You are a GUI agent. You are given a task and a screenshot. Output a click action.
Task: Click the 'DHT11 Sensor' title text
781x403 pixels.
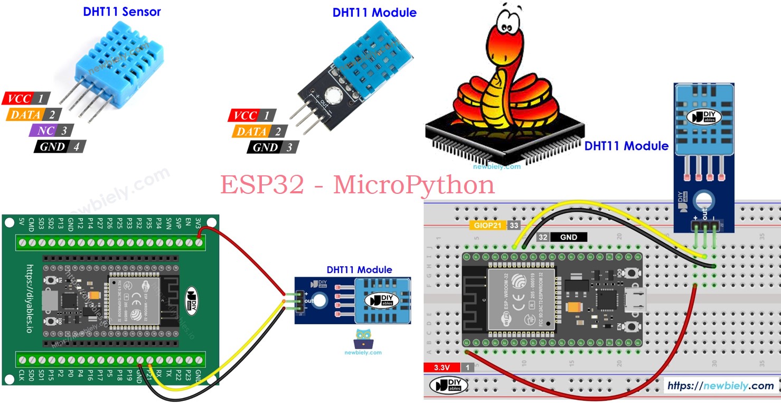click(x=121, y=12)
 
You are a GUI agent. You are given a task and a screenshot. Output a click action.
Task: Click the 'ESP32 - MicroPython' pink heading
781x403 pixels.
click(x=357, y=185)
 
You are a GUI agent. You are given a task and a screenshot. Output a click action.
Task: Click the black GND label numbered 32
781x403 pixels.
click(x=562, y=238)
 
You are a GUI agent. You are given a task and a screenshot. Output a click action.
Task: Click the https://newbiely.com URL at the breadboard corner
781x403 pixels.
click(x=720, y=386)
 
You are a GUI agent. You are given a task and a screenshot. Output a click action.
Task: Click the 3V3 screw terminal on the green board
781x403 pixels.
click(x=199, y=243)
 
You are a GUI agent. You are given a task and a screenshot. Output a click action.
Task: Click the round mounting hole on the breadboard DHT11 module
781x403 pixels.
click(x=703, y=201)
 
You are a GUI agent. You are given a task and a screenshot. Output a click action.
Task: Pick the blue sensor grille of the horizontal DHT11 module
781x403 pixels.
click(x=381, y=301)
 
